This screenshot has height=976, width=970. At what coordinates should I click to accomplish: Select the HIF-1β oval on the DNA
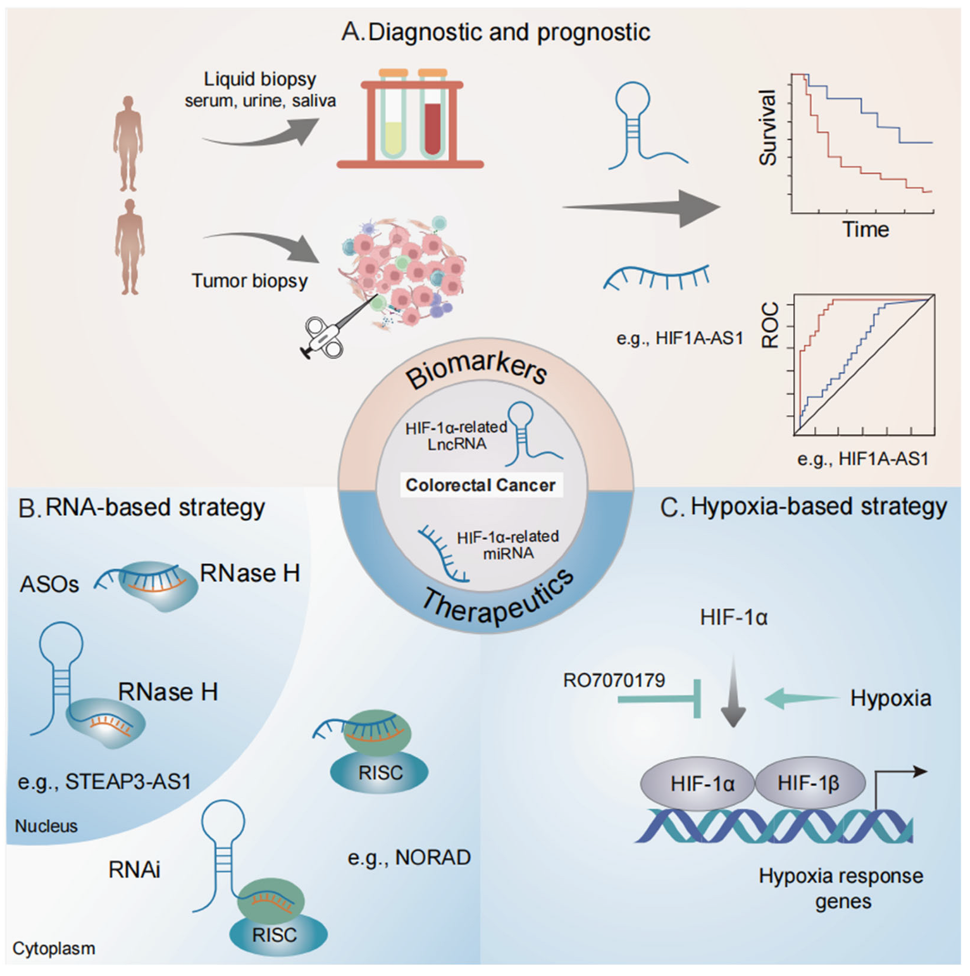809,784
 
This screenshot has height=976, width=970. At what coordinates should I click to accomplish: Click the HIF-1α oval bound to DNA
702,785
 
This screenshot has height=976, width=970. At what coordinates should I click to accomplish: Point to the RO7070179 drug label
614,680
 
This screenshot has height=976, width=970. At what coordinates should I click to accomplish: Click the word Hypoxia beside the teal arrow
890,698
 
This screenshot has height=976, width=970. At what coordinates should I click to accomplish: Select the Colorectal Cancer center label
480,485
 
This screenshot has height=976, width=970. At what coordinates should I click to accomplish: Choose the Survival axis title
768,127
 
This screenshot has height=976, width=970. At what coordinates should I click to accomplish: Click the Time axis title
865,229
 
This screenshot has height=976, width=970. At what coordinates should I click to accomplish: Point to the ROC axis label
770,325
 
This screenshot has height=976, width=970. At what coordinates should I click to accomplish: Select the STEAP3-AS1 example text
104,782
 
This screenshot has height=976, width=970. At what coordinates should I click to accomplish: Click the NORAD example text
409,858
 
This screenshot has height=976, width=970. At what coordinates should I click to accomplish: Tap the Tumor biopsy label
249,280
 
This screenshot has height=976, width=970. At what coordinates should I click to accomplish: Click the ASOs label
49,584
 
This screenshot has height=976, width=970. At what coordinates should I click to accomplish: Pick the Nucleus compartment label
46,826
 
